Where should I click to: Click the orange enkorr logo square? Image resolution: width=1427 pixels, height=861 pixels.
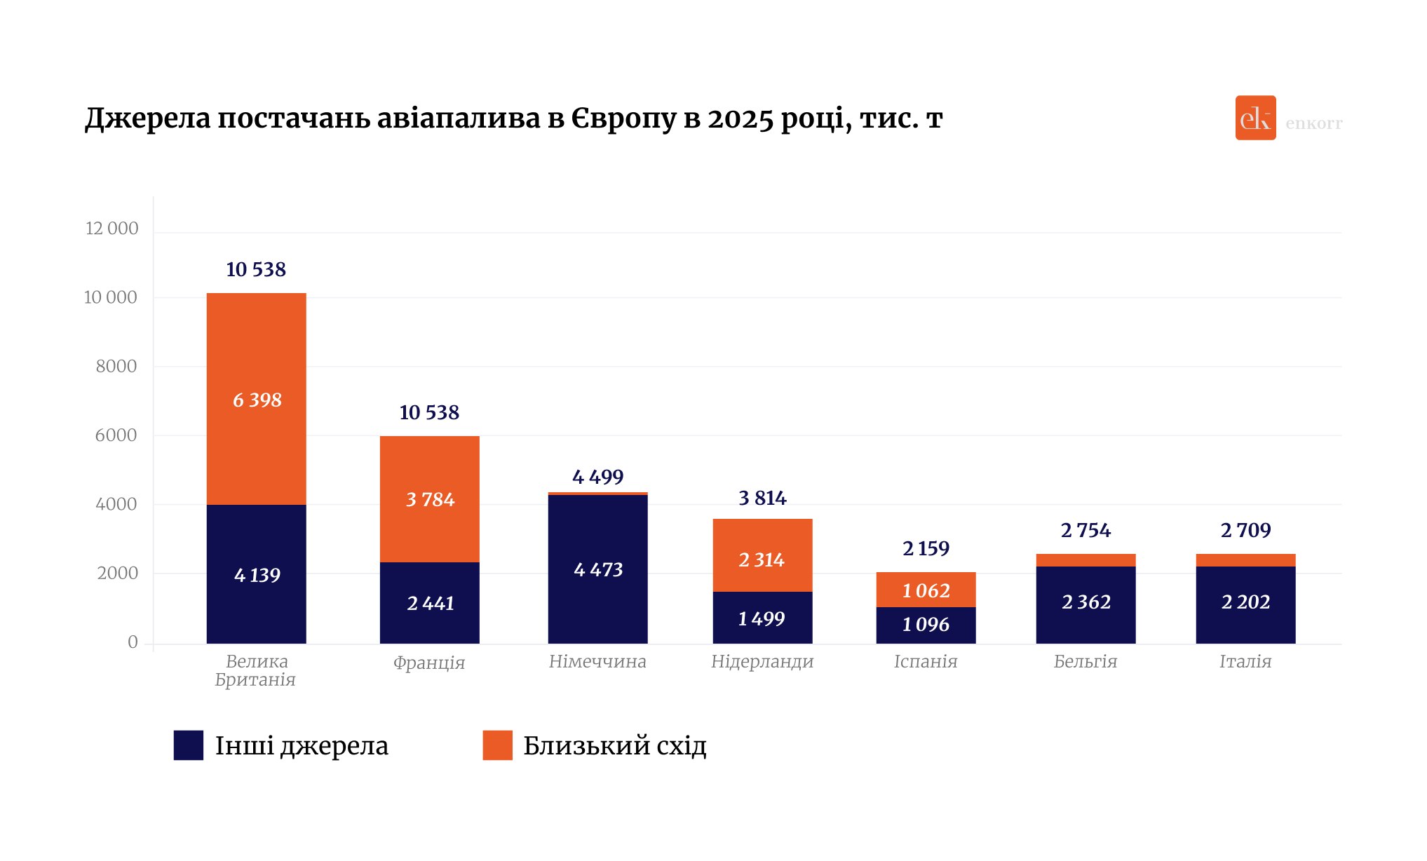pos(1255,118)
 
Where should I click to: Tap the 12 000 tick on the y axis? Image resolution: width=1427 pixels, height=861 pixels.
pos(112,229)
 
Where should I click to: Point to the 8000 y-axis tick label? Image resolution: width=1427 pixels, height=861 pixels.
pos(116,366)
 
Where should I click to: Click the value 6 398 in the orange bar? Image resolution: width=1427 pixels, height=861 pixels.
pos(257,400)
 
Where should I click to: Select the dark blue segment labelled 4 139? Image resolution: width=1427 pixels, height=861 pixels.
pos(257,575)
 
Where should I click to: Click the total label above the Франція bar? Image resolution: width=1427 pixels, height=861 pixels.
pos(429,412)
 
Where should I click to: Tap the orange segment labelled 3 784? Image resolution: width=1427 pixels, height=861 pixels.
pos(430,499)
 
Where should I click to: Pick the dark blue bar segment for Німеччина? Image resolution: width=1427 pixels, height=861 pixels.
pos(597,569)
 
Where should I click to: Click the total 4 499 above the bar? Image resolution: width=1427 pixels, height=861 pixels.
pos(597,477)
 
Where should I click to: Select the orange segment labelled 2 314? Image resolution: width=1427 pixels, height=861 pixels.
pos(762,560)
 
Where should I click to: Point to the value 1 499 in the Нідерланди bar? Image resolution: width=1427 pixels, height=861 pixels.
pos(762,618)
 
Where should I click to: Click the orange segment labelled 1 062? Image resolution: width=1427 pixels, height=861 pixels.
pos(926,590)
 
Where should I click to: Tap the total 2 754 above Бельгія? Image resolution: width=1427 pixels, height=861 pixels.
pos(1086,530)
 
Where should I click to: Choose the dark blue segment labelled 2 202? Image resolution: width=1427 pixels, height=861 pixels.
pos(1245,602)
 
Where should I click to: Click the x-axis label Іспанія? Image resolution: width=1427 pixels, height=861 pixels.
pos(926,661)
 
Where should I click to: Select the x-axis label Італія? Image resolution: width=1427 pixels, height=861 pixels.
pos(1245,661)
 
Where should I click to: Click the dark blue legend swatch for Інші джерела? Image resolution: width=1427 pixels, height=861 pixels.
pos(189,745)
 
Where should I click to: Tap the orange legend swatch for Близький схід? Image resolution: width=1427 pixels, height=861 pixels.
pos(498,745)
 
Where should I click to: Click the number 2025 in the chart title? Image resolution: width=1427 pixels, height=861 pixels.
pos(740,119)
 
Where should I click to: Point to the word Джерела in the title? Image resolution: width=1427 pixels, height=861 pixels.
pos(147,119)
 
